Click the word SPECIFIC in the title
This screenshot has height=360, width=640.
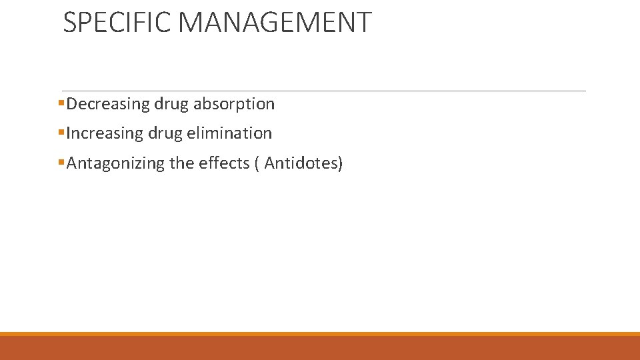pos(117,22)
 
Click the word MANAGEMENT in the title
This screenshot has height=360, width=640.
pos(275,22)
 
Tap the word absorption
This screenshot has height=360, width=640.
pos(234,104)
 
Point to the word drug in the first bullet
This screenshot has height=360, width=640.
pos(171,105)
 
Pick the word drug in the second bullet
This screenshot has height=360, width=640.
pos(166,134)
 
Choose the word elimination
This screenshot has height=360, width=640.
pos(230,133)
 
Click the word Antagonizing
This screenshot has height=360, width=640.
pos(115,163)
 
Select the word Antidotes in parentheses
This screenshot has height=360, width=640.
pos(301,163)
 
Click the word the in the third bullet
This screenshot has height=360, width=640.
pos(182,163)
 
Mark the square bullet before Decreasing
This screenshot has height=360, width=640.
pos(61,103)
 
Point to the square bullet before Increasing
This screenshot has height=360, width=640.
pos(61,133)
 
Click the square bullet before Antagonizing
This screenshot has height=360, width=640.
pos(61,162)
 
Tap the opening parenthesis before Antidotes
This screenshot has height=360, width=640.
pos(257,163)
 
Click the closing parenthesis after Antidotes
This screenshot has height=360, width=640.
pos(340,163)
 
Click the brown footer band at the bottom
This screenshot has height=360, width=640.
pos(320,348)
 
